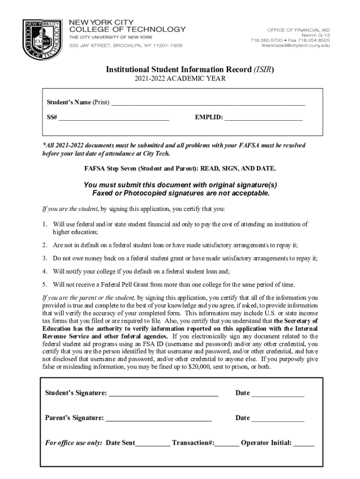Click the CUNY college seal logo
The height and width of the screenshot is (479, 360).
(42, 40)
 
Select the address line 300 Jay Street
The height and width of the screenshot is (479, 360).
(126, 45)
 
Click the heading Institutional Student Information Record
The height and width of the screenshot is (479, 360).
(180, 70)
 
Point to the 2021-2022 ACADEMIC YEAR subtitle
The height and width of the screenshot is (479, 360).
(180, 79)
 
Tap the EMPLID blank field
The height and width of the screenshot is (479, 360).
(263, 118)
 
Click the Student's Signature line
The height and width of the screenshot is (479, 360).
(163, 394)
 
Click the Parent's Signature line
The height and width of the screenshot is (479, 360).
(158, 419)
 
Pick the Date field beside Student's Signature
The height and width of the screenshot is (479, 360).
(278, 394)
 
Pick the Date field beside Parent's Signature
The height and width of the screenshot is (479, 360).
(278, 419)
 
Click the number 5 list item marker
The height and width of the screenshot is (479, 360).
(45, 284)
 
